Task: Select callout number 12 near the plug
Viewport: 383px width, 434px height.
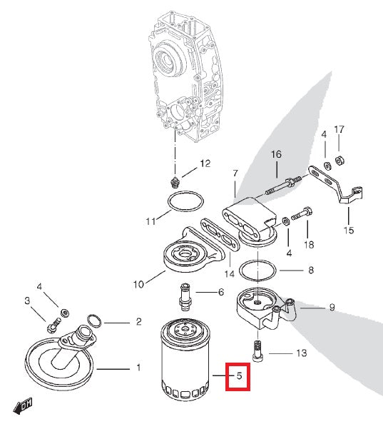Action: (x=205, y=163)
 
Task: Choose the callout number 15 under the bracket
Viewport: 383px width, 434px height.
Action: (x=348, y=230)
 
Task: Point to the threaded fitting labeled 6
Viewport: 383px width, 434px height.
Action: (x=185, y=294)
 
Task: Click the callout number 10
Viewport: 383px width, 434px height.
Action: (x=138, y=283)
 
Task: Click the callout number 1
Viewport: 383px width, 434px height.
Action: (x=138, y=368)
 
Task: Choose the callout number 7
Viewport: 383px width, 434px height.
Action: (x=235, y=173)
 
